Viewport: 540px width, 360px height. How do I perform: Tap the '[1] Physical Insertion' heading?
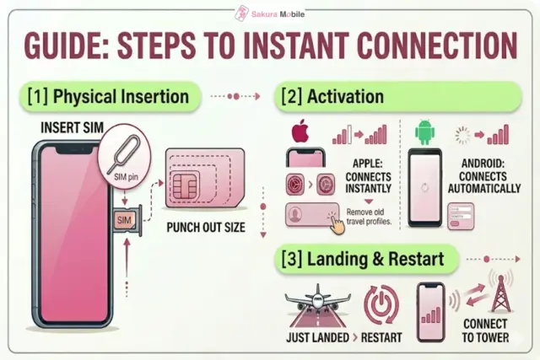coord(109,96)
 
